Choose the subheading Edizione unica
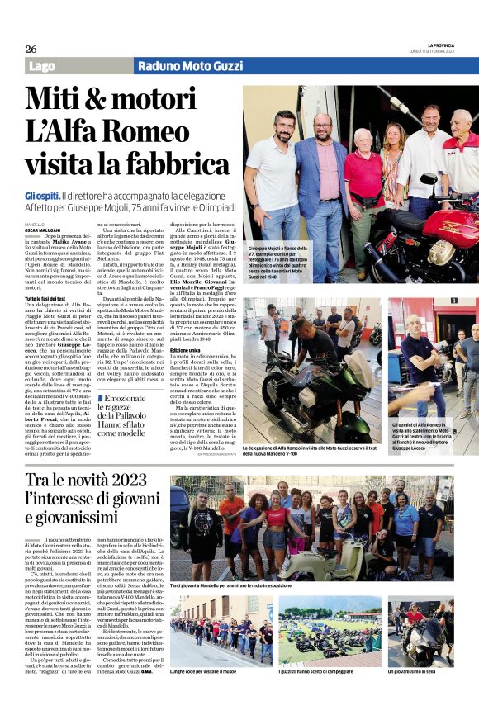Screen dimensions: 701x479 [186, 351]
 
